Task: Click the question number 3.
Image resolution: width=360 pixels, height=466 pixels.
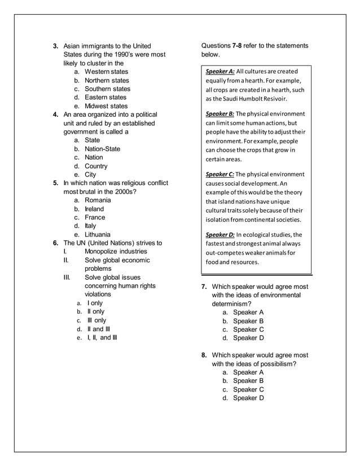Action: pyautogui.click(x=56, y=46)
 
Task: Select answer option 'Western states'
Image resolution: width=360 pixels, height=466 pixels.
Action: pyautogui.click(x=106, y=72)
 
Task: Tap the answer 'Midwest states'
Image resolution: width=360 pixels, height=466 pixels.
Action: pyautogui.click(x=106, y=106)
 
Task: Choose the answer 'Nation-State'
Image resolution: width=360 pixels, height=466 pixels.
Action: pyautogui.click(x=102, y=149)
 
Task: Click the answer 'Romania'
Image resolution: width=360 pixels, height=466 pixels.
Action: pyautogui.click(x=98, y=200)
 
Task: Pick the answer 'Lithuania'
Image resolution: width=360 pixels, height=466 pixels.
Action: pyautogui.click(x=98, y=235)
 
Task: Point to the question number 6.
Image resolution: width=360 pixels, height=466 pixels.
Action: pyautogui.click(x=56, y=243)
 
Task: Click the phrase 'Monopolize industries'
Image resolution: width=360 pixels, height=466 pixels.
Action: pyautogui.click(x=116, y=252)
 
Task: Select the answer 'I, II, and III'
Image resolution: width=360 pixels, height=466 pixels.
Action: pyautogui.click(x=102, y=337)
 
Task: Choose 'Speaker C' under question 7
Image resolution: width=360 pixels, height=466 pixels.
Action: pyautogui.click(x=248, y=329)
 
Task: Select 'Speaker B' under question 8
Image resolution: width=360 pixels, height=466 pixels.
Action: pyautogui.click(x=248, y=381)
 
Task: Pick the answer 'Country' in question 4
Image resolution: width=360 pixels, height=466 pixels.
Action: pyautogui.click(x=96, y=166)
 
